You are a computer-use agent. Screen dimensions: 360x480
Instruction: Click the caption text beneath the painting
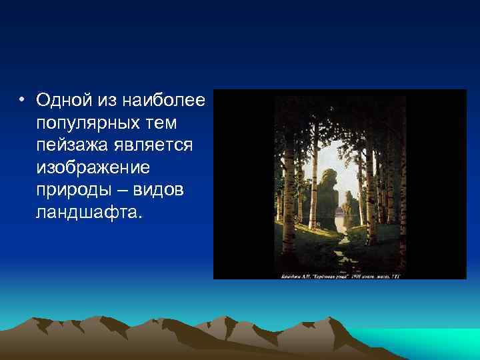click(340, 273)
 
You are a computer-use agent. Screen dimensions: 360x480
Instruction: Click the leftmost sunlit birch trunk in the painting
click(288, 193)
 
